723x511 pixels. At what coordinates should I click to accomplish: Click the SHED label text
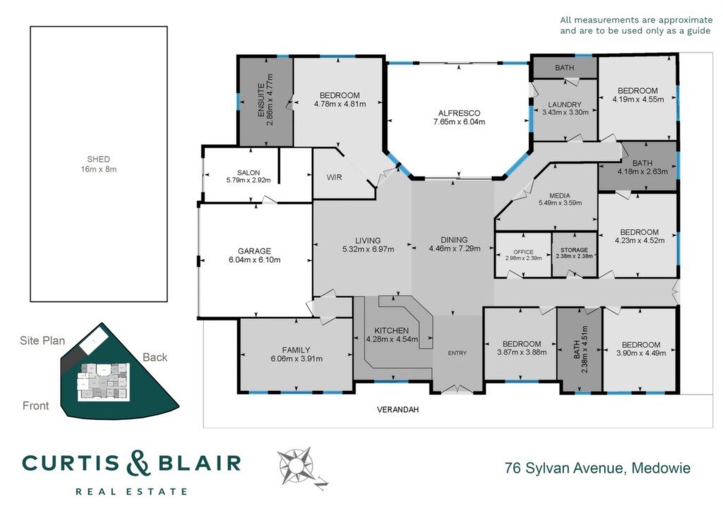pos(99,160)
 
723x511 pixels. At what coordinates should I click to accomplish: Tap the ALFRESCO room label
pos(459,113)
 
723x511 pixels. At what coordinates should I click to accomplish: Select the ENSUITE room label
pos(261,100)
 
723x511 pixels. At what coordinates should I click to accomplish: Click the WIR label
pos(334,177)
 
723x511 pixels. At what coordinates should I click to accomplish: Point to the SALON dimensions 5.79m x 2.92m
pos(249,180)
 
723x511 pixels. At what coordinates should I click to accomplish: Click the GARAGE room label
pos(254,251)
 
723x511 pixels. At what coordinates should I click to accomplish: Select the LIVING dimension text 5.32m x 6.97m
pos(368,249)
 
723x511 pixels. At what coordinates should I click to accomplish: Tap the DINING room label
pos(454,239)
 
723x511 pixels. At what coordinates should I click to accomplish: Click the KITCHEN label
pos(391,330)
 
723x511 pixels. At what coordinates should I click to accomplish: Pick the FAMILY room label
pos(296,350)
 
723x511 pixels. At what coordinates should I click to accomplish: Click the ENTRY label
pos(458,353)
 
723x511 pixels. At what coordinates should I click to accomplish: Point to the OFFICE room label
pos(523,252)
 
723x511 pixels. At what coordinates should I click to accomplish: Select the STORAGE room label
pos(575,250)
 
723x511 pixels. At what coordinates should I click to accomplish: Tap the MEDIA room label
pos(560,196)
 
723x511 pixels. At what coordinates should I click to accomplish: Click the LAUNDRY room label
pos(565,104)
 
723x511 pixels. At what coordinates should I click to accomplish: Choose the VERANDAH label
pos(398,409)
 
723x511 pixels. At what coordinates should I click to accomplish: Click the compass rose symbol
pos(296,465)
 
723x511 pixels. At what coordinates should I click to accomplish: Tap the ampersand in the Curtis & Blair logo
pos(138,463)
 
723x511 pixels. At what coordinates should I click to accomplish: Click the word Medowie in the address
pos(661,468)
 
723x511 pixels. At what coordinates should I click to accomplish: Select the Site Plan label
pos(42,340)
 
